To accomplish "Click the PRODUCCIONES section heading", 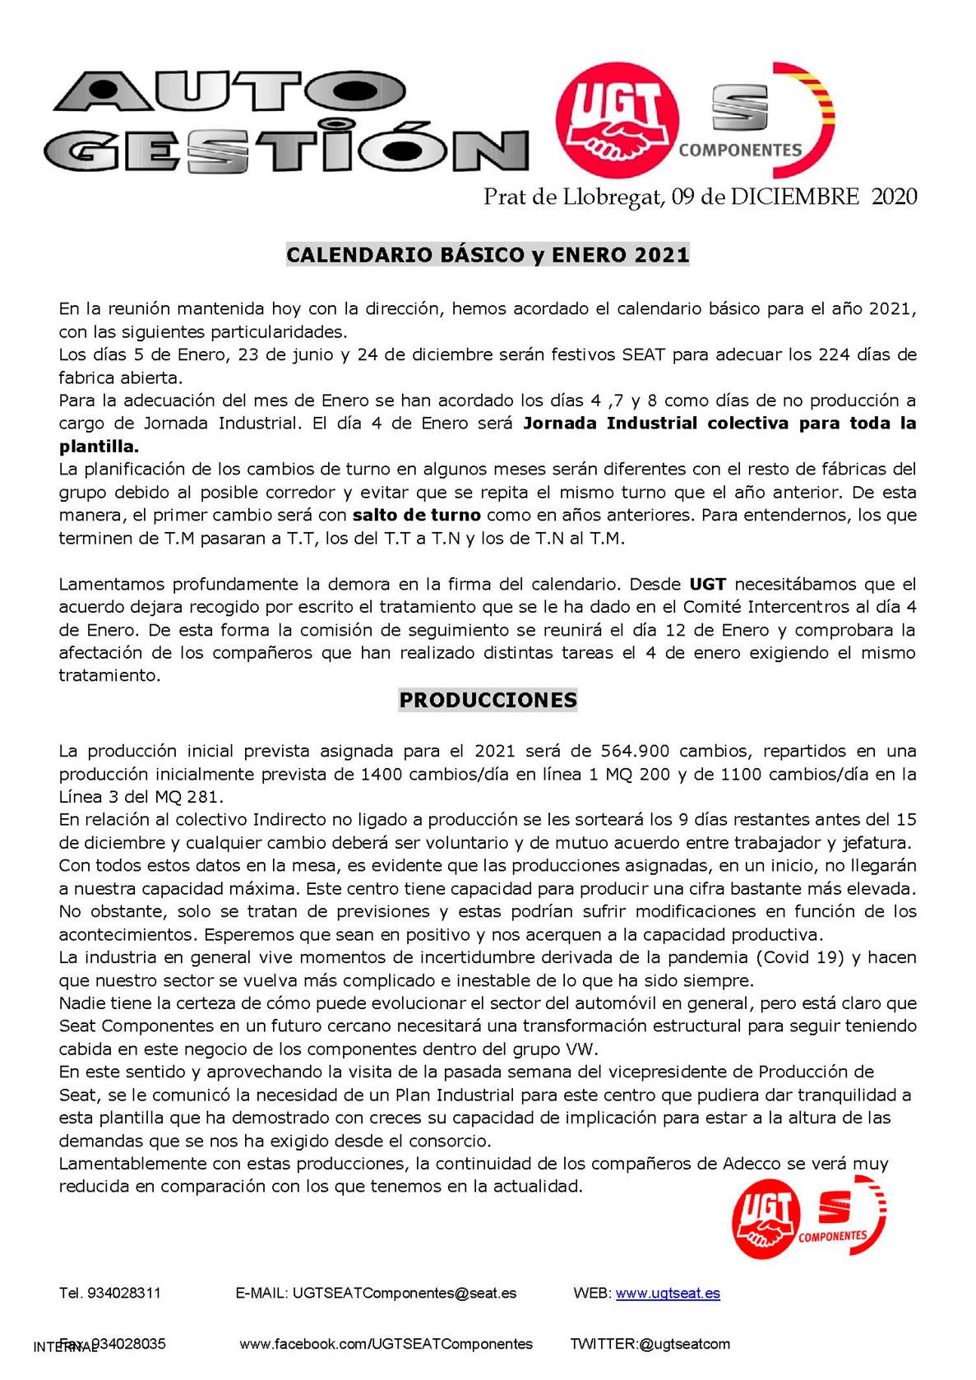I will coord(488,700).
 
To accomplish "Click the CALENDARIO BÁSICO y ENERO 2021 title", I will coord(488,254).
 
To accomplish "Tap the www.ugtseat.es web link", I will coord(668,1293).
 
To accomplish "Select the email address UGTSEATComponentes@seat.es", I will coord(405,1293).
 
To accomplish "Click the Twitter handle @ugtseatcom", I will coord(684,1344).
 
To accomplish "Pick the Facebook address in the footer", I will coord(386,1344).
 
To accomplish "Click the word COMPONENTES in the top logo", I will coord(739,150).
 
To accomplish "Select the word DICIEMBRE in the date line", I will coord(794,197).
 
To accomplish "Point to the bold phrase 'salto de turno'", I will coord(416,516).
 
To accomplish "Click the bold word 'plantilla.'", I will coord(99,447).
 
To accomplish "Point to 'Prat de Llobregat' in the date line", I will coord(573,197).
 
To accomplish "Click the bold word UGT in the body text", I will coord(707,585).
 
